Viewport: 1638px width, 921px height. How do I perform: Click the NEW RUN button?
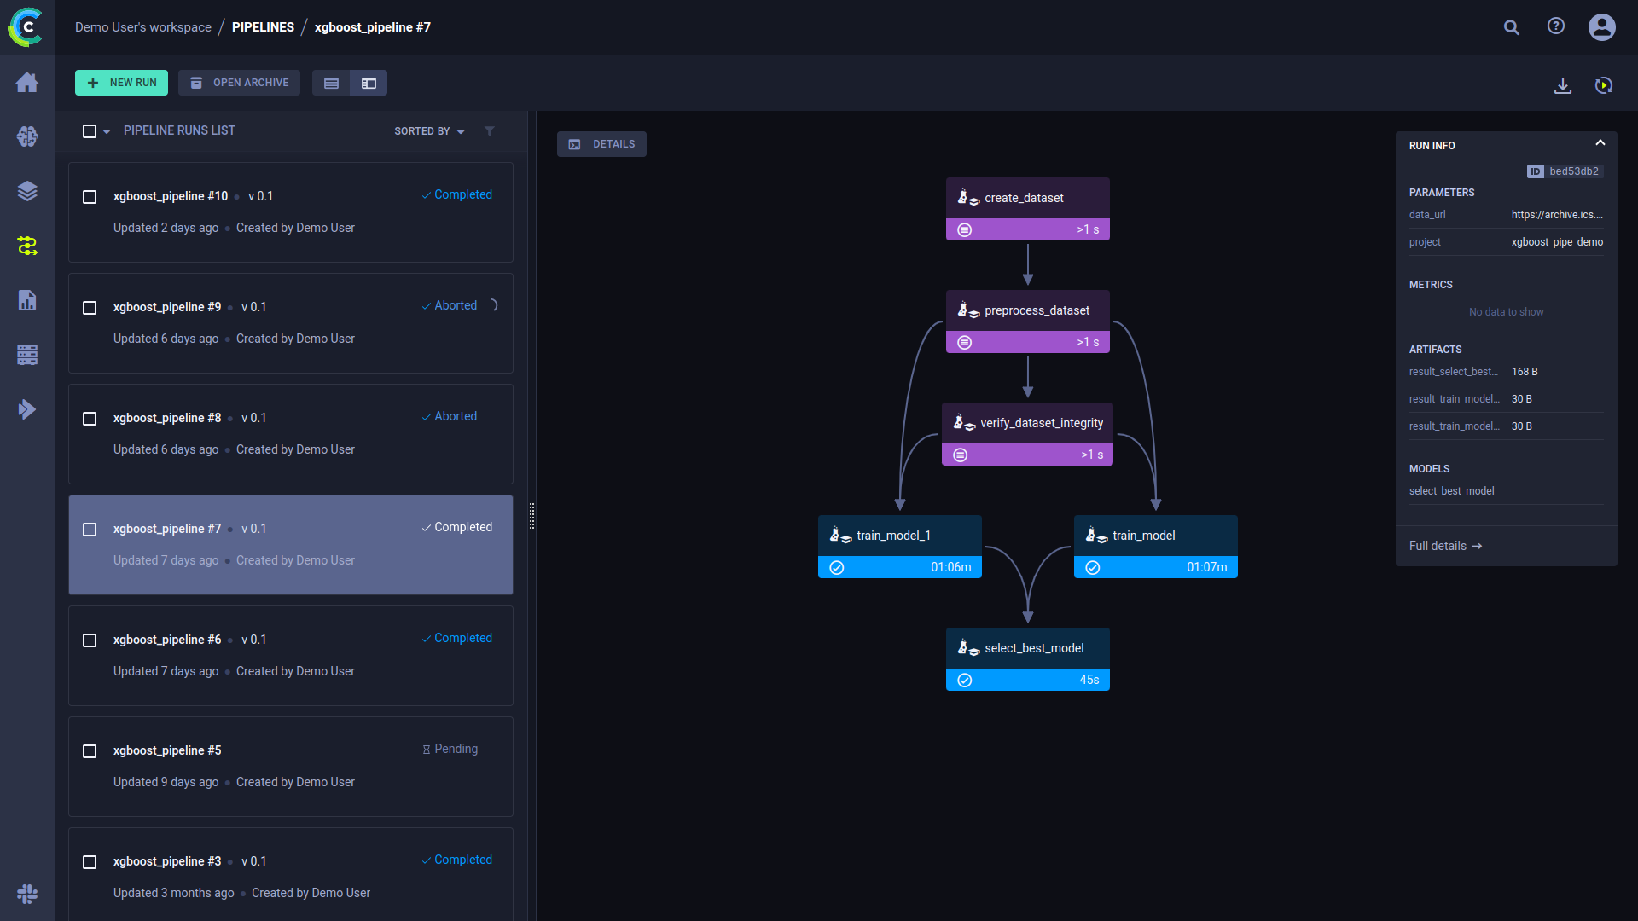121,83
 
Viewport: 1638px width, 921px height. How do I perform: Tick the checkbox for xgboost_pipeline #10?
90,197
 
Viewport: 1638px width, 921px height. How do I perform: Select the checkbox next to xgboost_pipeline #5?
90,751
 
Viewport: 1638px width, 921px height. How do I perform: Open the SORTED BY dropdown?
429,131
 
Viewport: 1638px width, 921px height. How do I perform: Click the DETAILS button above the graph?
601,144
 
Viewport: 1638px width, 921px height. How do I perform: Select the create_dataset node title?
1024,198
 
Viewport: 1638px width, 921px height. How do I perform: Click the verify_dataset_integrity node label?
1041,423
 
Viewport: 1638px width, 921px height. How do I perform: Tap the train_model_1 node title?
893,536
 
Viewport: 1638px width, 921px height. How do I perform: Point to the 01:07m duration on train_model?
1206,567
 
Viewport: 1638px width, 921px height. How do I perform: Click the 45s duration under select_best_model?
1089,680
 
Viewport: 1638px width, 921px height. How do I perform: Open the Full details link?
1445,546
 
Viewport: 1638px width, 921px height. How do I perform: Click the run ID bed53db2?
1573,171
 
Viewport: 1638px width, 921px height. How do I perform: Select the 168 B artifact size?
1525,372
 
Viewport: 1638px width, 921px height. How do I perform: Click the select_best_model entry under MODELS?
1451,491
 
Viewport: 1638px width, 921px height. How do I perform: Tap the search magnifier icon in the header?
1511,27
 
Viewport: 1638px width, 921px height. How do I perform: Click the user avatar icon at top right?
1601,27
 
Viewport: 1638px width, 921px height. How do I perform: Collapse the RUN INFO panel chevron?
1600,143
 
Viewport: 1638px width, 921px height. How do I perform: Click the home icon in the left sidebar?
27,83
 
